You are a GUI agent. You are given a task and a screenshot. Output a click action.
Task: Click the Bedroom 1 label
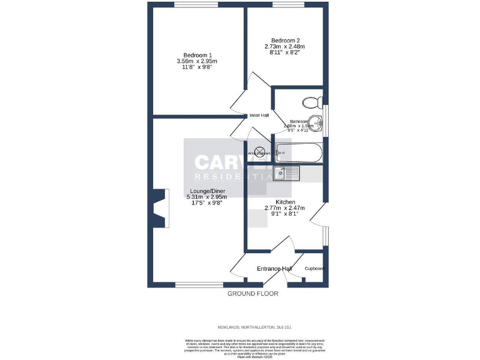pos(197,54)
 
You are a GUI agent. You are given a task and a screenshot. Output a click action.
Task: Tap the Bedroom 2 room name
pos(284,40)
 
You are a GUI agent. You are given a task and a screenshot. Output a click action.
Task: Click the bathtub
pos(298,152)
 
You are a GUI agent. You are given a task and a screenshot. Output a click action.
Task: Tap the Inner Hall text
pos(259,116)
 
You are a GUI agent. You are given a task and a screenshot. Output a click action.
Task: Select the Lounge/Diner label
pos(207,191)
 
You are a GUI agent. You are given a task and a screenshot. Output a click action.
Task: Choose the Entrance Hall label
pos(274,269)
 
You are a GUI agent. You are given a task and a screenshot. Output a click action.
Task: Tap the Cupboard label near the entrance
pos(314,269)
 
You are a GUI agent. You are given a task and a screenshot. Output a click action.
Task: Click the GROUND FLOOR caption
pos(252,293)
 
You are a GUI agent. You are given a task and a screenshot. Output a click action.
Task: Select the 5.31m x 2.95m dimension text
pos(207,196)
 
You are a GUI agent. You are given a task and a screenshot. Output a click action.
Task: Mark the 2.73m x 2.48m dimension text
pos(284,47)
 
